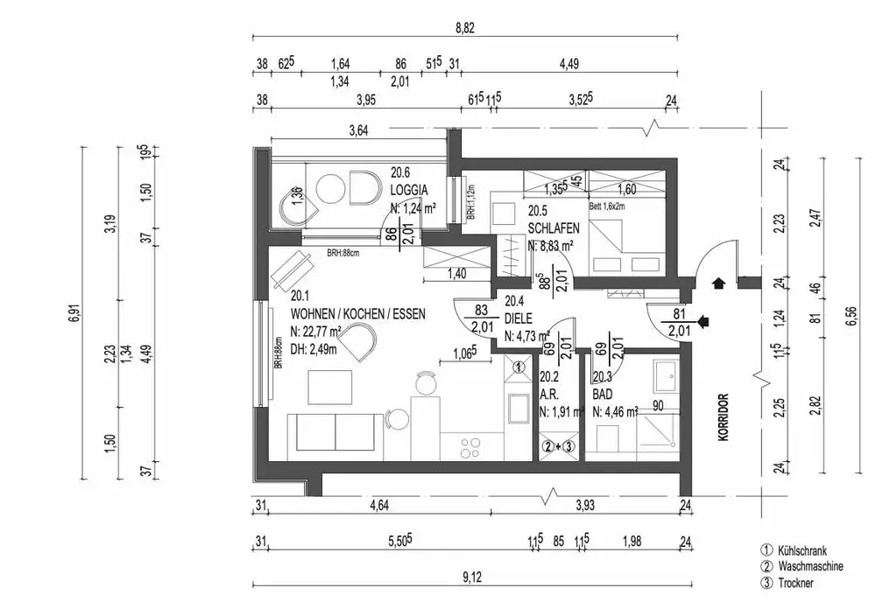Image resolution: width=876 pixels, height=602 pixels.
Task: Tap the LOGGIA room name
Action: point(409,189)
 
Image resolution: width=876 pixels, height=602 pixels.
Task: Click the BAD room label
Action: point(603,395)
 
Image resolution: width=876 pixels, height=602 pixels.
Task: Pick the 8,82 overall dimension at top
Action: point(464,28)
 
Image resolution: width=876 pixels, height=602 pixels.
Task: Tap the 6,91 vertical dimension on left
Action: point(72,312)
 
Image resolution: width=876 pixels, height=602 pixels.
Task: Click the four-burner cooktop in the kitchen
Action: point(471,445)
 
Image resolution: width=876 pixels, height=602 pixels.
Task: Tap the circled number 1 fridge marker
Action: point(519,368)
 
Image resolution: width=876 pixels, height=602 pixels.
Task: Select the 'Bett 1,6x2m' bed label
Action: point(607,206)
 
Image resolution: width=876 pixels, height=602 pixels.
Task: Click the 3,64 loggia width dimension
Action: point(357,131)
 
